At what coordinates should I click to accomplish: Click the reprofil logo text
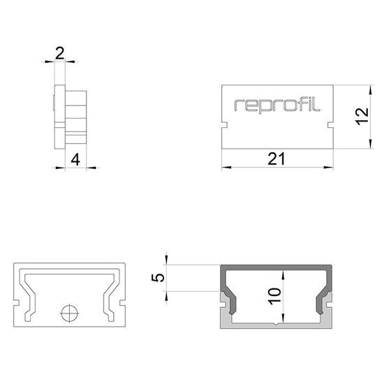[277, 105]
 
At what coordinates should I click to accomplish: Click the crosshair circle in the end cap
[68, 313]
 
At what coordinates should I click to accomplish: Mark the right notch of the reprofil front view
[329, 126]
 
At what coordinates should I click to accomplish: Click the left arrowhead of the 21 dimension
[226, 168]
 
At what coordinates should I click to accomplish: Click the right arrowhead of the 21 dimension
[327, 168]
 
